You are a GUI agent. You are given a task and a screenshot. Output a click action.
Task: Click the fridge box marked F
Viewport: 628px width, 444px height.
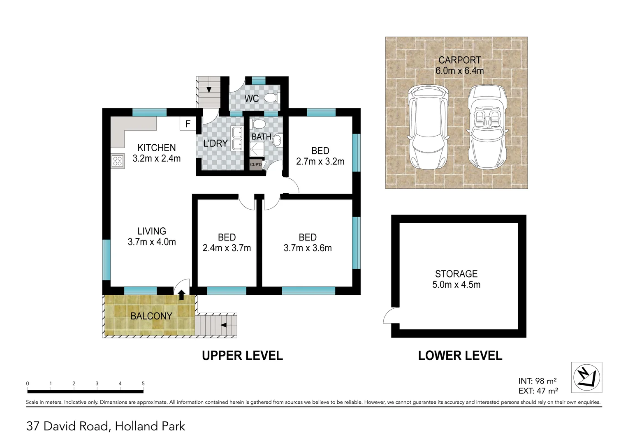pyautogui.click(x=188, y=124)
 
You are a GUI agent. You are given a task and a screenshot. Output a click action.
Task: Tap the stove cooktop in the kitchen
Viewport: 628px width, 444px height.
pyautogui.click(x=117, y=161)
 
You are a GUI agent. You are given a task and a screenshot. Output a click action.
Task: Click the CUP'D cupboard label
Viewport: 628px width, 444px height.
pyautogui.click(x=256, y=164)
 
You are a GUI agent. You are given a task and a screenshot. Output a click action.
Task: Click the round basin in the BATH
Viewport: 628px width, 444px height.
pyautogui.click(x=278, y=141)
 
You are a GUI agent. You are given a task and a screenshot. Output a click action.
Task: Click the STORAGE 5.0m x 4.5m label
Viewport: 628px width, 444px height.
pyautogui.click(x=456, y=279)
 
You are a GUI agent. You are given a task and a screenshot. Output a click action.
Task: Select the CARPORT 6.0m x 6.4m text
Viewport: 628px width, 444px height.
pyautogui.click(x=459, y=65)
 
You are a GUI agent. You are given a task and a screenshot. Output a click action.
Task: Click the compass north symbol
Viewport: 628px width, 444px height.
pyautogui.click(x=586, y=377)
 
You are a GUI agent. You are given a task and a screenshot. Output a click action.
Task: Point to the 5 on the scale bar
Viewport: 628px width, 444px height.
pyautogui.click(x=143, y=384)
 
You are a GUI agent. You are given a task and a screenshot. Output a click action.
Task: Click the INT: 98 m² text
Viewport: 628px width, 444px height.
pyautogui.click(x=537, y=381)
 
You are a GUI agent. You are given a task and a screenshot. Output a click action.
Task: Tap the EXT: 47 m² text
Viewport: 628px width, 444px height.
pyautogui.click(x=538, y=391)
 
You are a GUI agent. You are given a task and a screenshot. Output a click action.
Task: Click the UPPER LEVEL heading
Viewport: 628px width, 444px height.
pyautogui.click(x=242, y=356)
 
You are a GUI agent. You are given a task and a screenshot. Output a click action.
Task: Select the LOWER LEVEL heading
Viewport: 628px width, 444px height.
pyautogui.click(x=460, y=356)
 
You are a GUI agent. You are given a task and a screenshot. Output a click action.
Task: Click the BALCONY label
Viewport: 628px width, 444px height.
pyautogui.click(x=151, y=316)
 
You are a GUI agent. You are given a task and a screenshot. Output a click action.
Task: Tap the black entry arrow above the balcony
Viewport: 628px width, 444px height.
pyautogui.click(x=181, y=294)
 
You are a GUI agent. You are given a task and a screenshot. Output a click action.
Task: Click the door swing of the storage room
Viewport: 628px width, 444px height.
pyautogui.click(x=388, y=317)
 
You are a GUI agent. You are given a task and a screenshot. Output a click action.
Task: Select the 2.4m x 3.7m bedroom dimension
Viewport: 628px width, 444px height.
pyautogui.click(x=227, y=248)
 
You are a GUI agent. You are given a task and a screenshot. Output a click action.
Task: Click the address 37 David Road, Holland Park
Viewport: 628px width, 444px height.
pyautogui.click(x=106, y=426)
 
